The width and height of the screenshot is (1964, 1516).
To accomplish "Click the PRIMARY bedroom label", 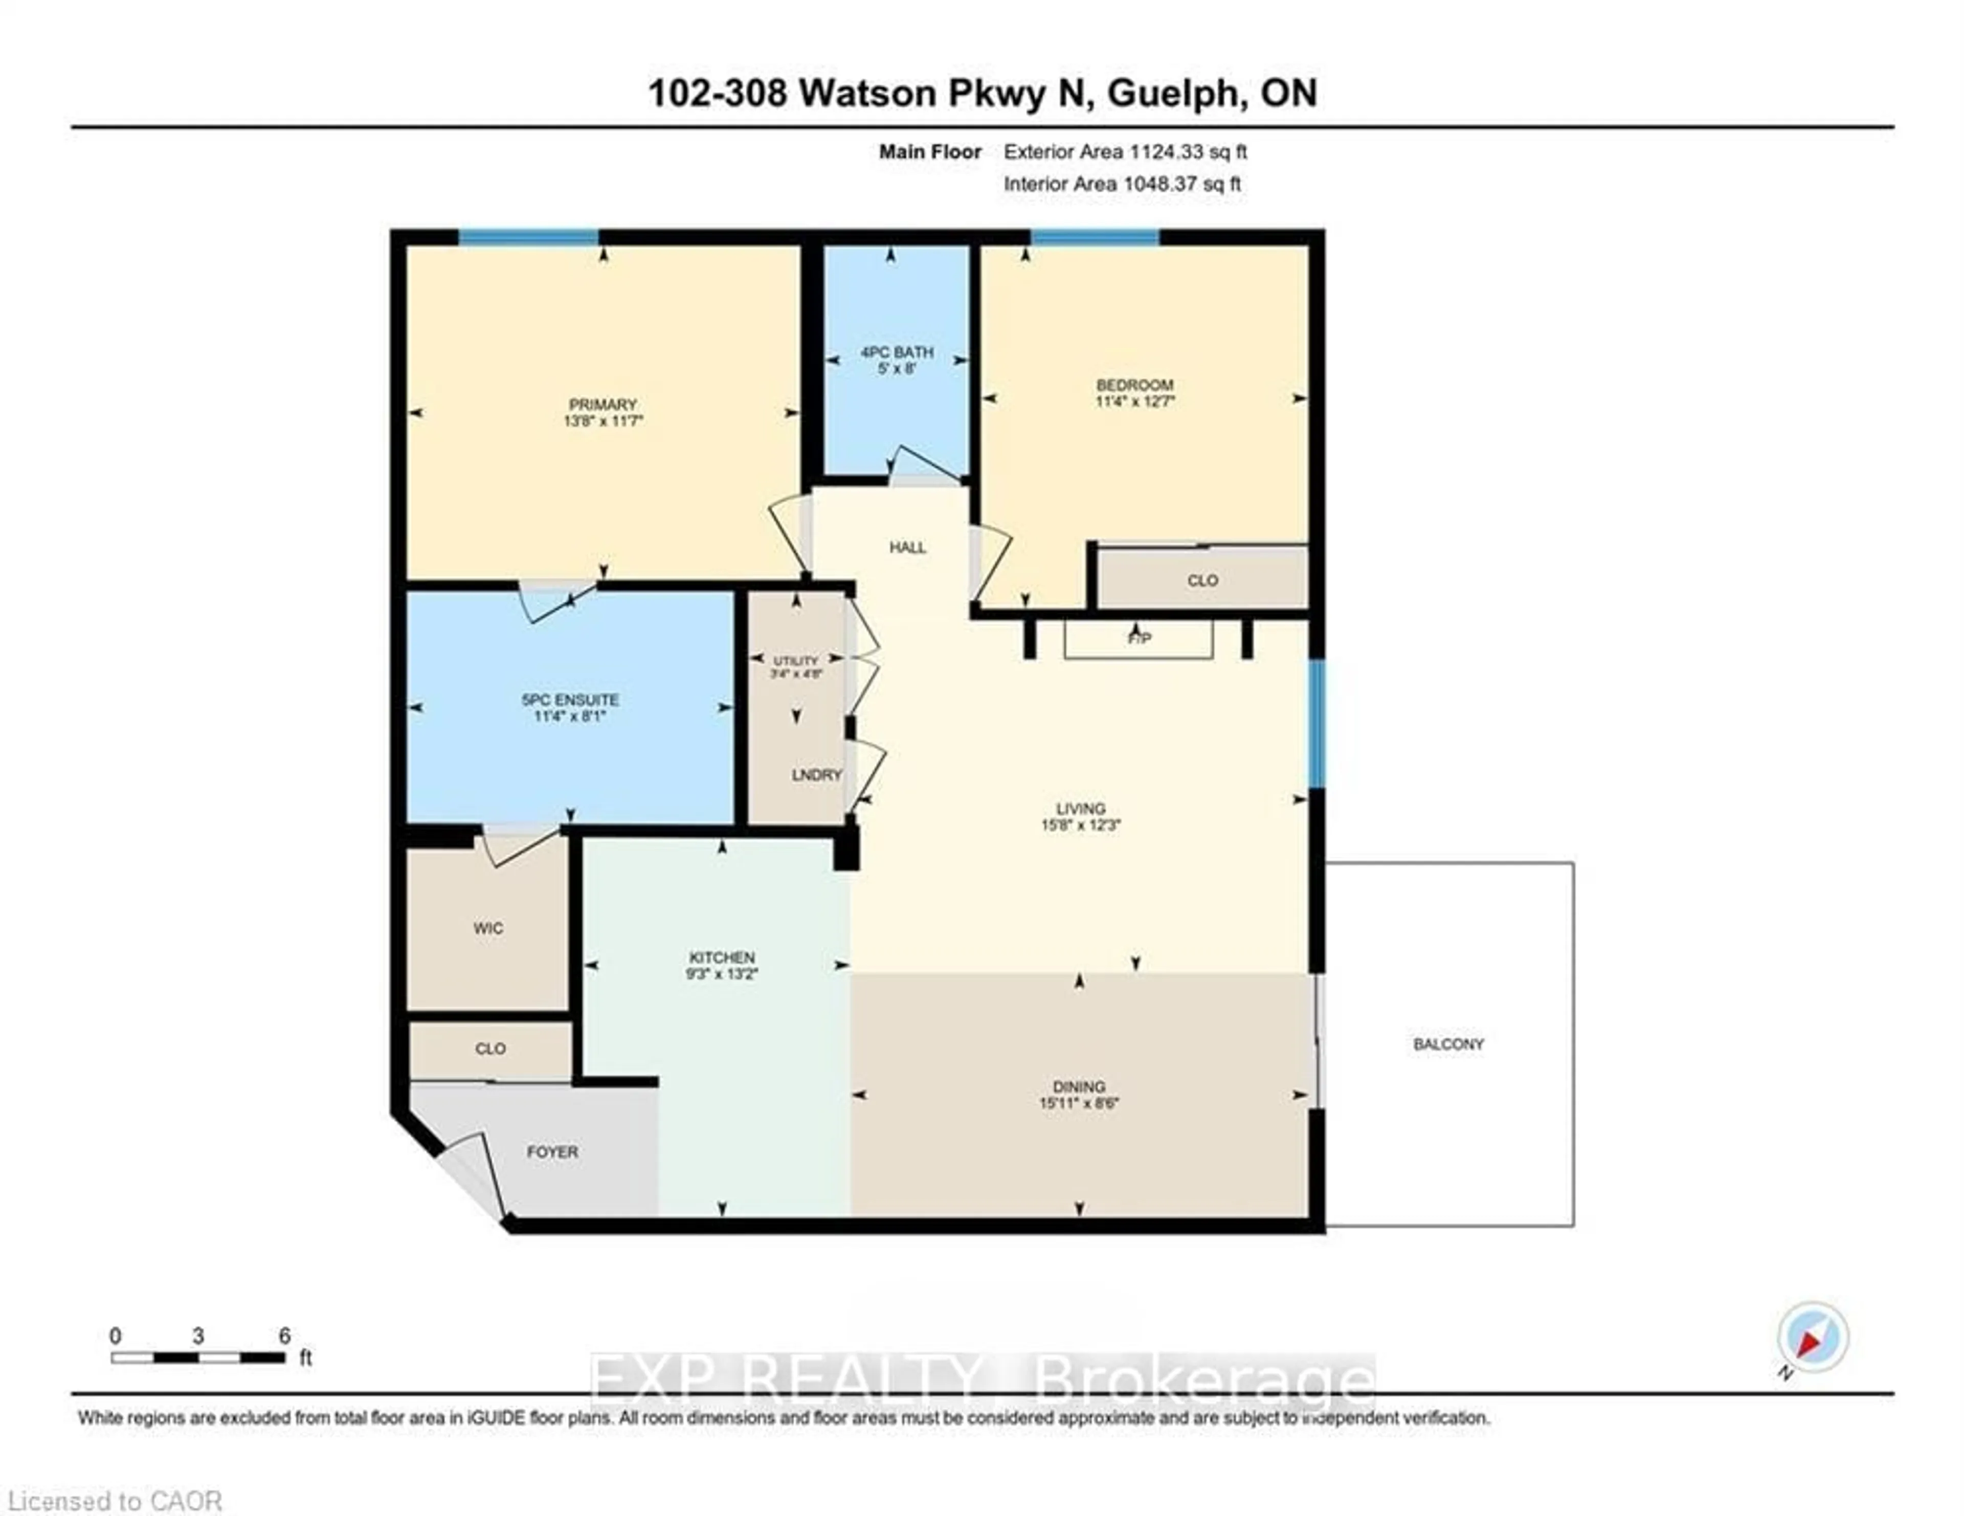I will (602, 405).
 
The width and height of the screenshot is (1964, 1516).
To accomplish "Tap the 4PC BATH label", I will (897, 351).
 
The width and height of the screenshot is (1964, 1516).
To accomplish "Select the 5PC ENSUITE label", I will (570, 700).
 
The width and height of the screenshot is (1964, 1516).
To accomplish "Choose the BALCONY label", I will (1448, 1044).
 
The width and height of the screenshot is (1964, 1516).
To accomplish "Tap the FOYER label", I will (552, 1152).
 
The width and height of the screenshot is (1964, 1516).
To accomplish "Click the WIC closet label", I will (488, 928).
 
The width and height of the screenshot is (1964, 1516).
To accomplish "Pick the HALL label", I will (907, 548).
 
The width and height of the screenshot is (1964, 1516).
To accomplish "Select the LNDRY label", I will (816, 775).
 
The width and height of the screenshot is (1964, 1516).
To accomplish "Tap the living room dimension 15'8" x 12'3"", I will (1081, 824).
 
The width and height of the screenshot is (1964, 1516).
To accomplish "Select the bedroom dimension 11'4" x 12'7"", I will (1135, 401).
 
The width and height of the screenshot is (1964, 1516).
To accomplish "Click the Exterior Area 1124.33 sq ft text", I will (1125, 152).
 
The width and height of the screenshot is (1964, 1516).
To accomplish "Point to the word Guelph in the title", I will (1171, 94).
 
